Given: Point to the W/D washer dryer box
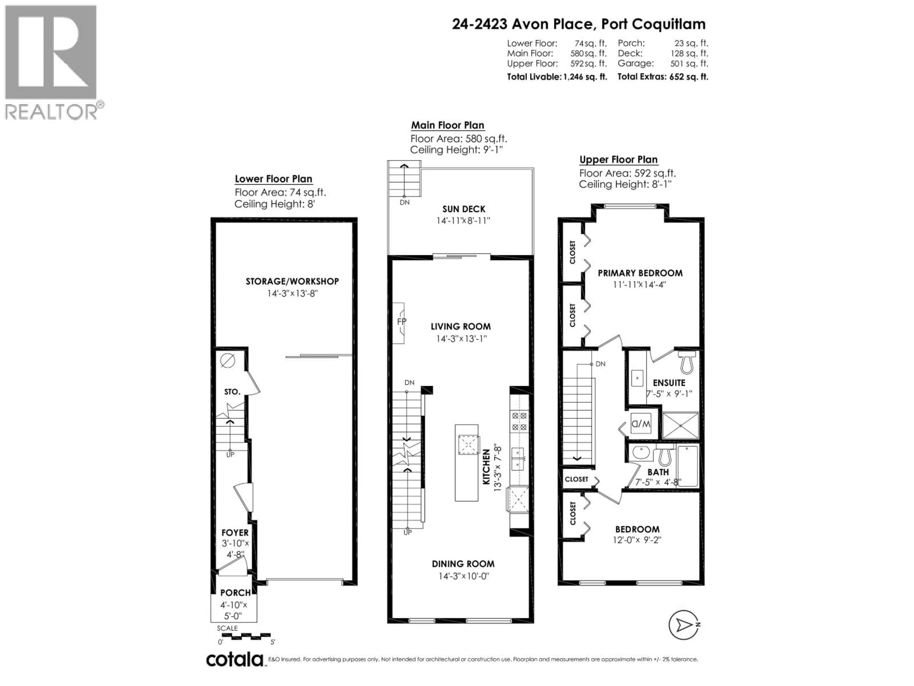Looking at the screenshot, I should (x=641, y=424).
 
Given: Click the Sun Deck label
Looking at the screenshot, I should (x=464, y=209).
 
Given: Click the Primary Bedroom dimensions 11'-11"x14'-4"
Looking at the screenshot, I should (x=640, y=285).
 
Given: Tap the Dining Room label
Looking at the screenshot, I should (x=463, y=564).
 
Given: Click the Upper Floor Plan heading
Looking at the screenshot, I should (x=618, y=160).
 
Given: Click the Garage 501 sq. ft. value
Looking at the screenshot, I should (x=689, y=64).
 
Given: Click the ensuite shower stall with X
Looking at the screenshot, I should (x=680, y=425).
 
